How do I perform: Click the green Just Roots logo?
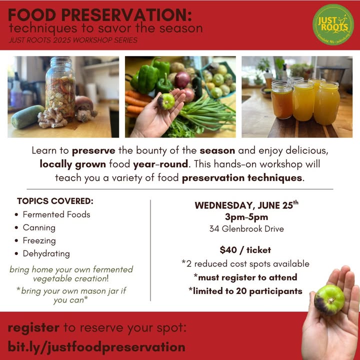point(333,24)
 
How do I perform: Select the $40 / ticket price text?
point(245,250)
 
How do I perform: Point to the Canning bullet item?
point(39,227)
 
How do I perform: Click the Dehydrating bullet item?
point(46,253)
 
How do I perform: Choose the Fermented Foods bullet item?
point(56,214)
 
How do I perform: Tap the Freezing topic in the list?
point(39,240)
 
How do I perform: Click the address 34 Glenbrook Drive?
point(246,228)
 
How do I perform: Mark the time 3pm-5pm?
point(246,217)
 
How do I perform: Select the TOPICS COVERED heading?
point(55,201)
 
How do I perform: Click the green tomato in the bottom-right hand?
point(329,299)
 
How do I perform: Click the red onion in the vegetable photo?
point(182,80)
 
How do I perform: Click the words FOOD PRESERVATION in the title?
point(100,15)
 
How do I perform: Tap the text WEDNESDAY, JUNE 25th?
point(246,205)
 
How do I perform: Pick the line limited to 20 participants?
point(245,291)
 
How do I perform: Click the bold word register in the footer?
point(33,327)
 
